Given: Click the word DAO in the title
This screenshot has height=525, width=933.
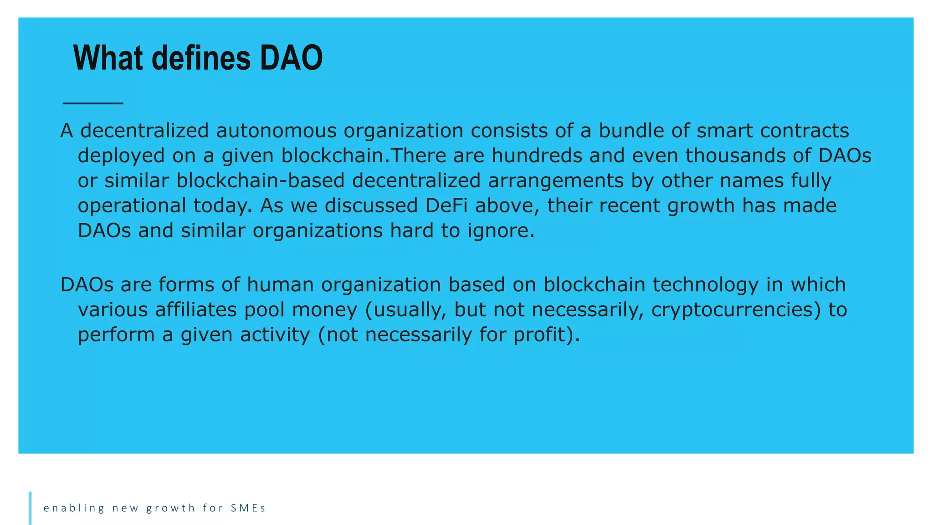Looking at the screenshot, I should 291,58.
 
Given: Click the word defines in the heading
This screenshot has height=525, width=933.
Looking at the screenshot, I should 201,58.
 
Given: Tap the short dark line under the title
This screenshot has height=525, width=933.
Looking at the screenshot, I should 93,103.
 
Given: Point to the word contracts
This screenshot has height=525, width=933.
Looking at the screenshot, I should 804,131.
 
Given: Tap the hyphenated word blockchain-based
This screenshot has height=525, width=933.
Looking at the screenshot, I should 260,181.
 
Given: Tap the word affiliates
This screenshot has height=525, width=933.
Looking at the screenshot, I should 196,310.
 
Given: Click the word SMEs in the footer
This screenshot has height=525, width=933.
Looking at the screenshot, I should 248,508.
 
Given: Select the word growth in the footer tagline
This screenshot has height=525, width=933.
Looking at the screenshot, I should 170,508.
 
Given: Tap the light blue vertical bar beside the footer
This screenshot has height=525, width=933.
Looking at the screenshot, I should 30,508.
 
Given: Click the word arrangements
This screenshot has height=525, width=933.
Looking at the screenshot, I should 556,181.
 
